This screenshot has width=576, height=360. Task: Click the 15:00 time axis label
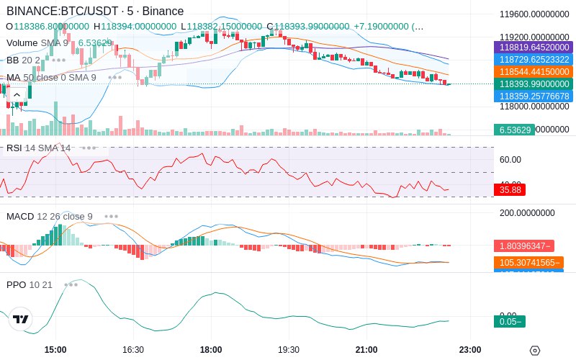(55, 350)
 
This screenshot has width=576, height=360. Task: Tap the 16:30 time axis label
(133, 350)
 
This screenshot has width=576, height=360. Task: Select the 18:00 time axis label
(211, 350)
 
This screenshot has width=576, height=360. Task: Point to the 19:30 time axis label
(289, 350)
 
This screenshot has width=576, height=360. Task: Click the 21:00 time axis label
(366, 350)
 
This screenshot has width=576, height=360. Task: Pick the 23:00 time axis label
(470, 350)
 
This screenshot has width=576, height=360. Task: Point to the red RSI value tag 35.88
(510, 190)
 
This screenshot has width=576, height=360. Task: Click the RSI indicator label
(14, 148)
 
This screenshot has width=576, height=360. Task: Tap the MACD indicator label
(20, 216)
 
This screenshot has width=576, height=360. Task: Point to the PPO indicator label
(16, 284)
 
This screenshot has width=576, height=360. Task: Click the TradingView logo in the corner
(21, 320)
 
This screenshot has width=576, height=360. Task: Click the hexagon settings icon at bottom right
(534, 351)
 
